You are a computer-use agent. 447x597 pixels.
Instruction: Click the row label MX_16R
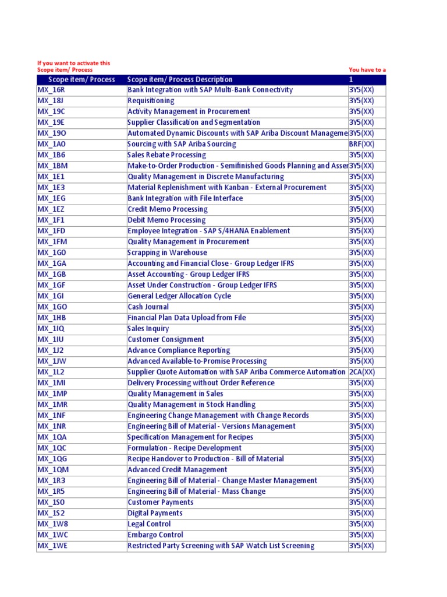51,90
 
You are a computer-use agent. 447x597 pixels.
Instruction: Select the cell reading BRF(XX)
361,144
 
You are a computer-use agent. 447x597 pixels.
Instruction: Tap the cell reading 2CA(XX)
361,372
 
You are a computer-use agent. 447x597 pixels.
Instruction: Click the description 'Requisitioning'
151,101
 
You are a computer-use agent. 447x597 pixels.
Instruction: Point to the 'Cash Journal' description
148,307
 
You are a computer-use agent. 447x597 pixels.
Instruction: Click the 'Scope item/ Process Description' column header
180,79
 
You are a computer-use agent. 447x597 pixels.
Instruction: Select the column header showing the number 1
352,79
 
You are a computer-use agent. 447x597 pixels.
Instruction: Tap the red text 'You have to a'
367,70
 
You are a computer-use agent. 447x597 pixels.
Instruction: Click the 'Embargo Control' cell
155,535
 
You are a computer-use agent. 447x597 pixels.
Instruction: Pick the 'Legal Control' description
149,524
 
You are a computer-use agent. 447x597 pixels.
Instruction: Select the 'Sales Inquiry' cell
148,329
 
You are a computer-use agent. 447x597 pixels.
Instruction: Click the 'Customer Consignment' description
166,339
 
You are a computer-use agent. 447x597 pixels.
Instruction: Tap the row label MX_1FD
52,231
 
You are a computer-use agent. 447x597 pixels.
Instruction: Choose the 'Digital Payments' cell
155,513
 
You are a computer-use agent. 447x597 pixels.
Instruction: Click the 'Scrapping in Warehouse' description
167,252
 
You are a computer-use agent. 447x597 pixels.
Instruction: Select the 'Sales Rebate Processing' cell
166,155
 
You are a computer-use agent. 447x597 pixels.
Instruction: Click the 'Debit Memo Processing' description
166,220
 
